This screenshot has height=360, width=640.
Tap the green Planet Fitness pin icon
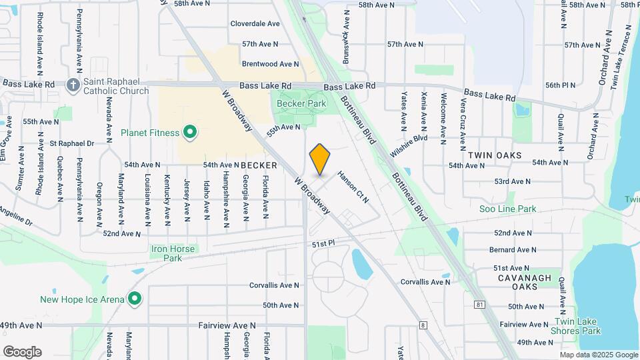coord(190,133)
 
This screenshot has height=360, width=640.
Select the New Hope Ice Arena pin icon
coord(135,299)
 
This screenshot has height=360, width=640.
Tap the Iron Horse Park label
coord(173,253)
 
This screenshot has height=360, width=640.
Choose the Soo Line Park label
coord(507,209)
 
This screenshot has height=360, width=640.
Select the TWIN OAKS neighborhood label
coord(494,155)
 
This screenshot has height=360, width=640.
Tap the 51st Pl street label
coord(322,245)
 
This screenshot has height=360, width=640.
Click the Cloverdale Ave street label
coord(255,23)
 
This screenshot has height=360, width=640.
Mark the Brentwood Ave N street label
coord(270,64)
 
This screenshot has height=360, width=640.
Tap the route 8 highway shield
coord(423,325)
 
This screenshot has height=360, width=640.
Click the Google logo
coord(22,351)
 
